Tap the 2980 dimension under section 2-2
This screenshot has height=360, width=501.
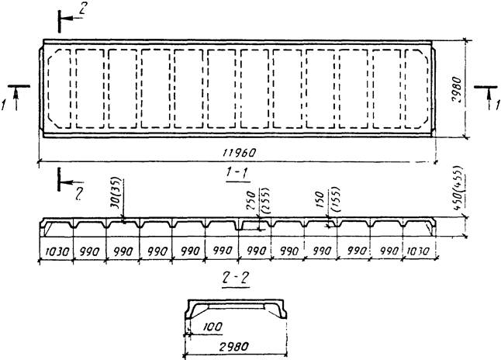[x=232, y=346]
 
